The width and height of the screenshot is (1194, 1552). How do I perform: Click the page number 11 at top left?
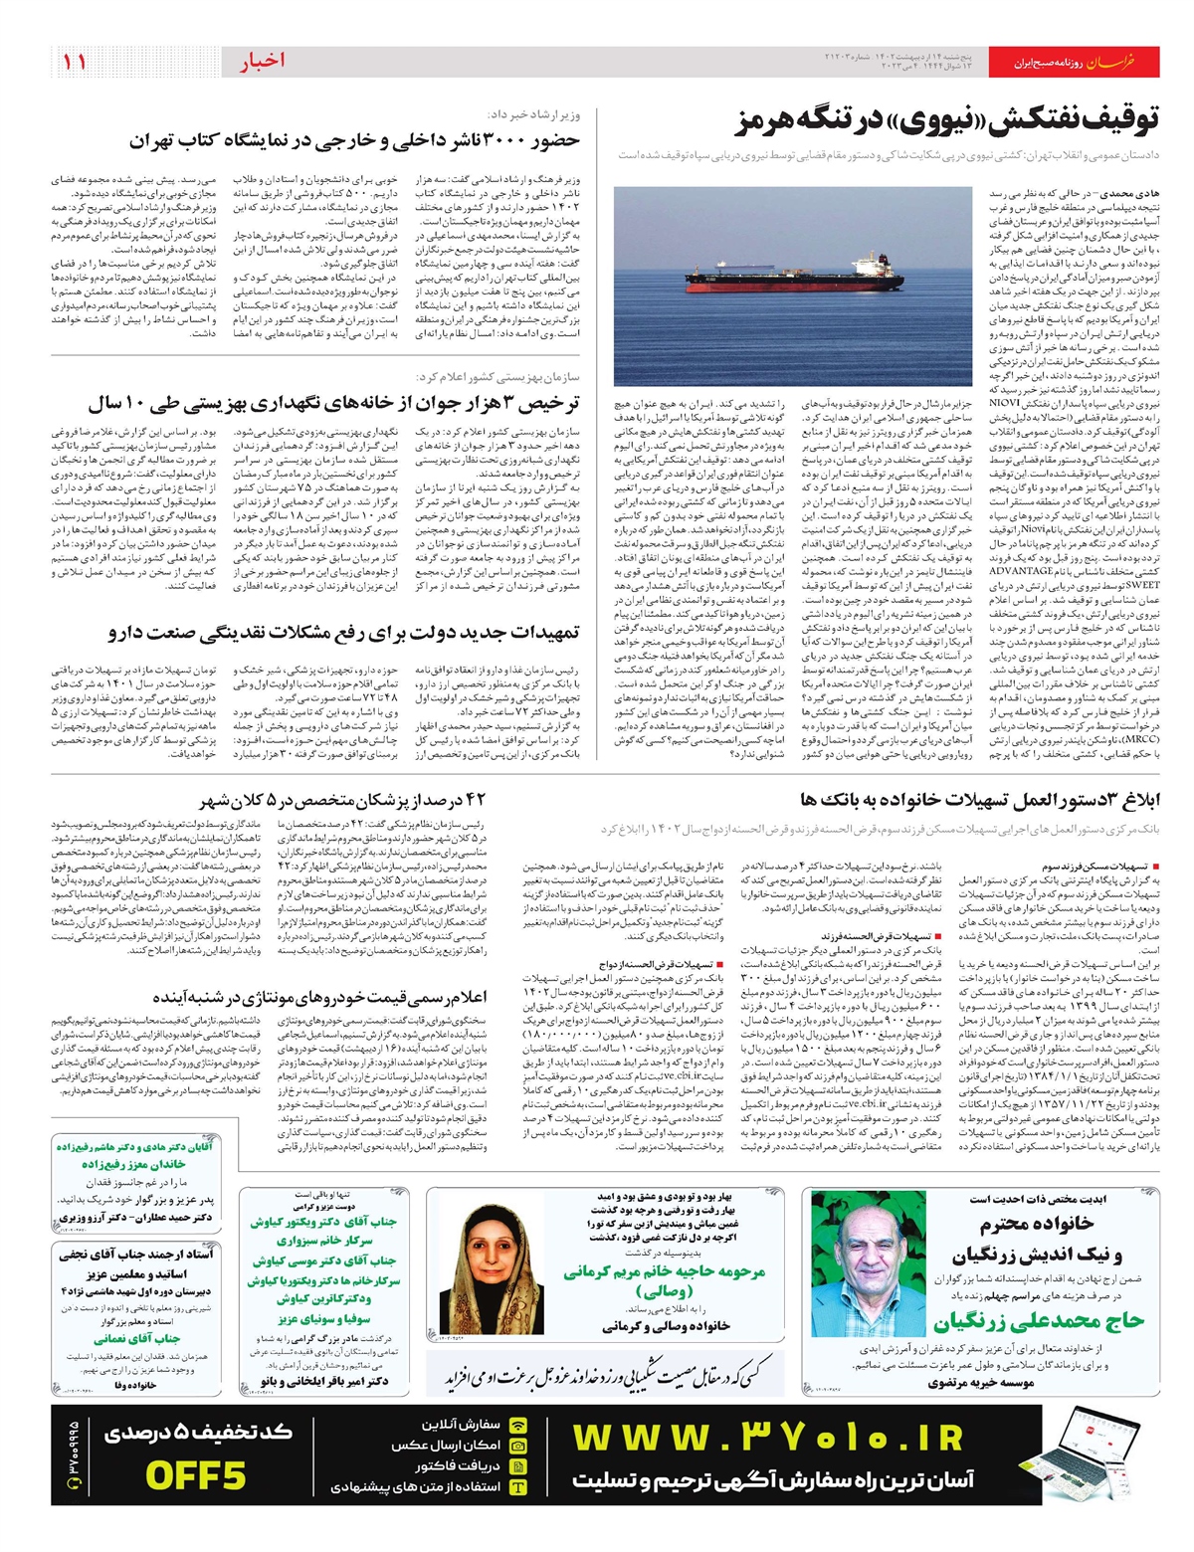click(75, 62)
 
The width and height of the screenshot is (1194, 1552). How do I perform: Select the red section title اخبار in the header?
click(262, 62)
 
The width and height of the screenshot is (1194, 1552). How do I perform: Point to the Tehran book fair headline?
click(353, 141)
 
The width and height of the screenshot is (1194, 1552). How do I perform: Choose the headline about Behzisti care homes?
click(333, 404)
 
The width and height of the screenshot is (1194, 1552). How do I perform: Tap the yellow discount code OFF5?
click(196, 1475)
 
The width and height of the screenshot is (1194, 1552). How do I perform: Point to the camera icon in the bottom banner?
click(517, 1445)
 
